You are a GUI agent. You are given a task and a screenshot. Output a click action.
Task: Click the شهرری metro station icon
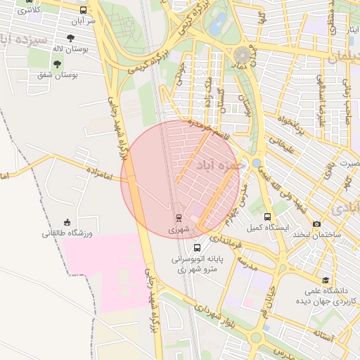coord(178,217)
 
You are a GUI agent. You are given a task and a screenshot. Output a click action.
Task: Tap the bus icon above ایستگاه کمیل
coord(267,217)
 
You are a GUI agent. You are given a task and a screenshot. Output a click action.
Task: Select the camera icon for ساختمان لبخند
coord(316,223)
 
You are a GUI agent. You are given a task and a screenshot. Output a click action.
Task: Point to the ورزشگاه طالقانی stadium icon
coord(67,222)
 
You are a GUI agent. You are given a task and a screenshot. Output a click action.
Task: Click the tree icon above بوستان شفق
coord(56,64)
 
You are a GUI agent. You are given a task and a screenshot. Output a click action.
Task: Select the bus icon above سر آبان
coord(84,11)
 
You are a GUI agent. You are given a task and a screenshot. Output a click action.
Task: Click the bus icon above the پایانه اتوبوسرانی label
coord(197,247)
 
